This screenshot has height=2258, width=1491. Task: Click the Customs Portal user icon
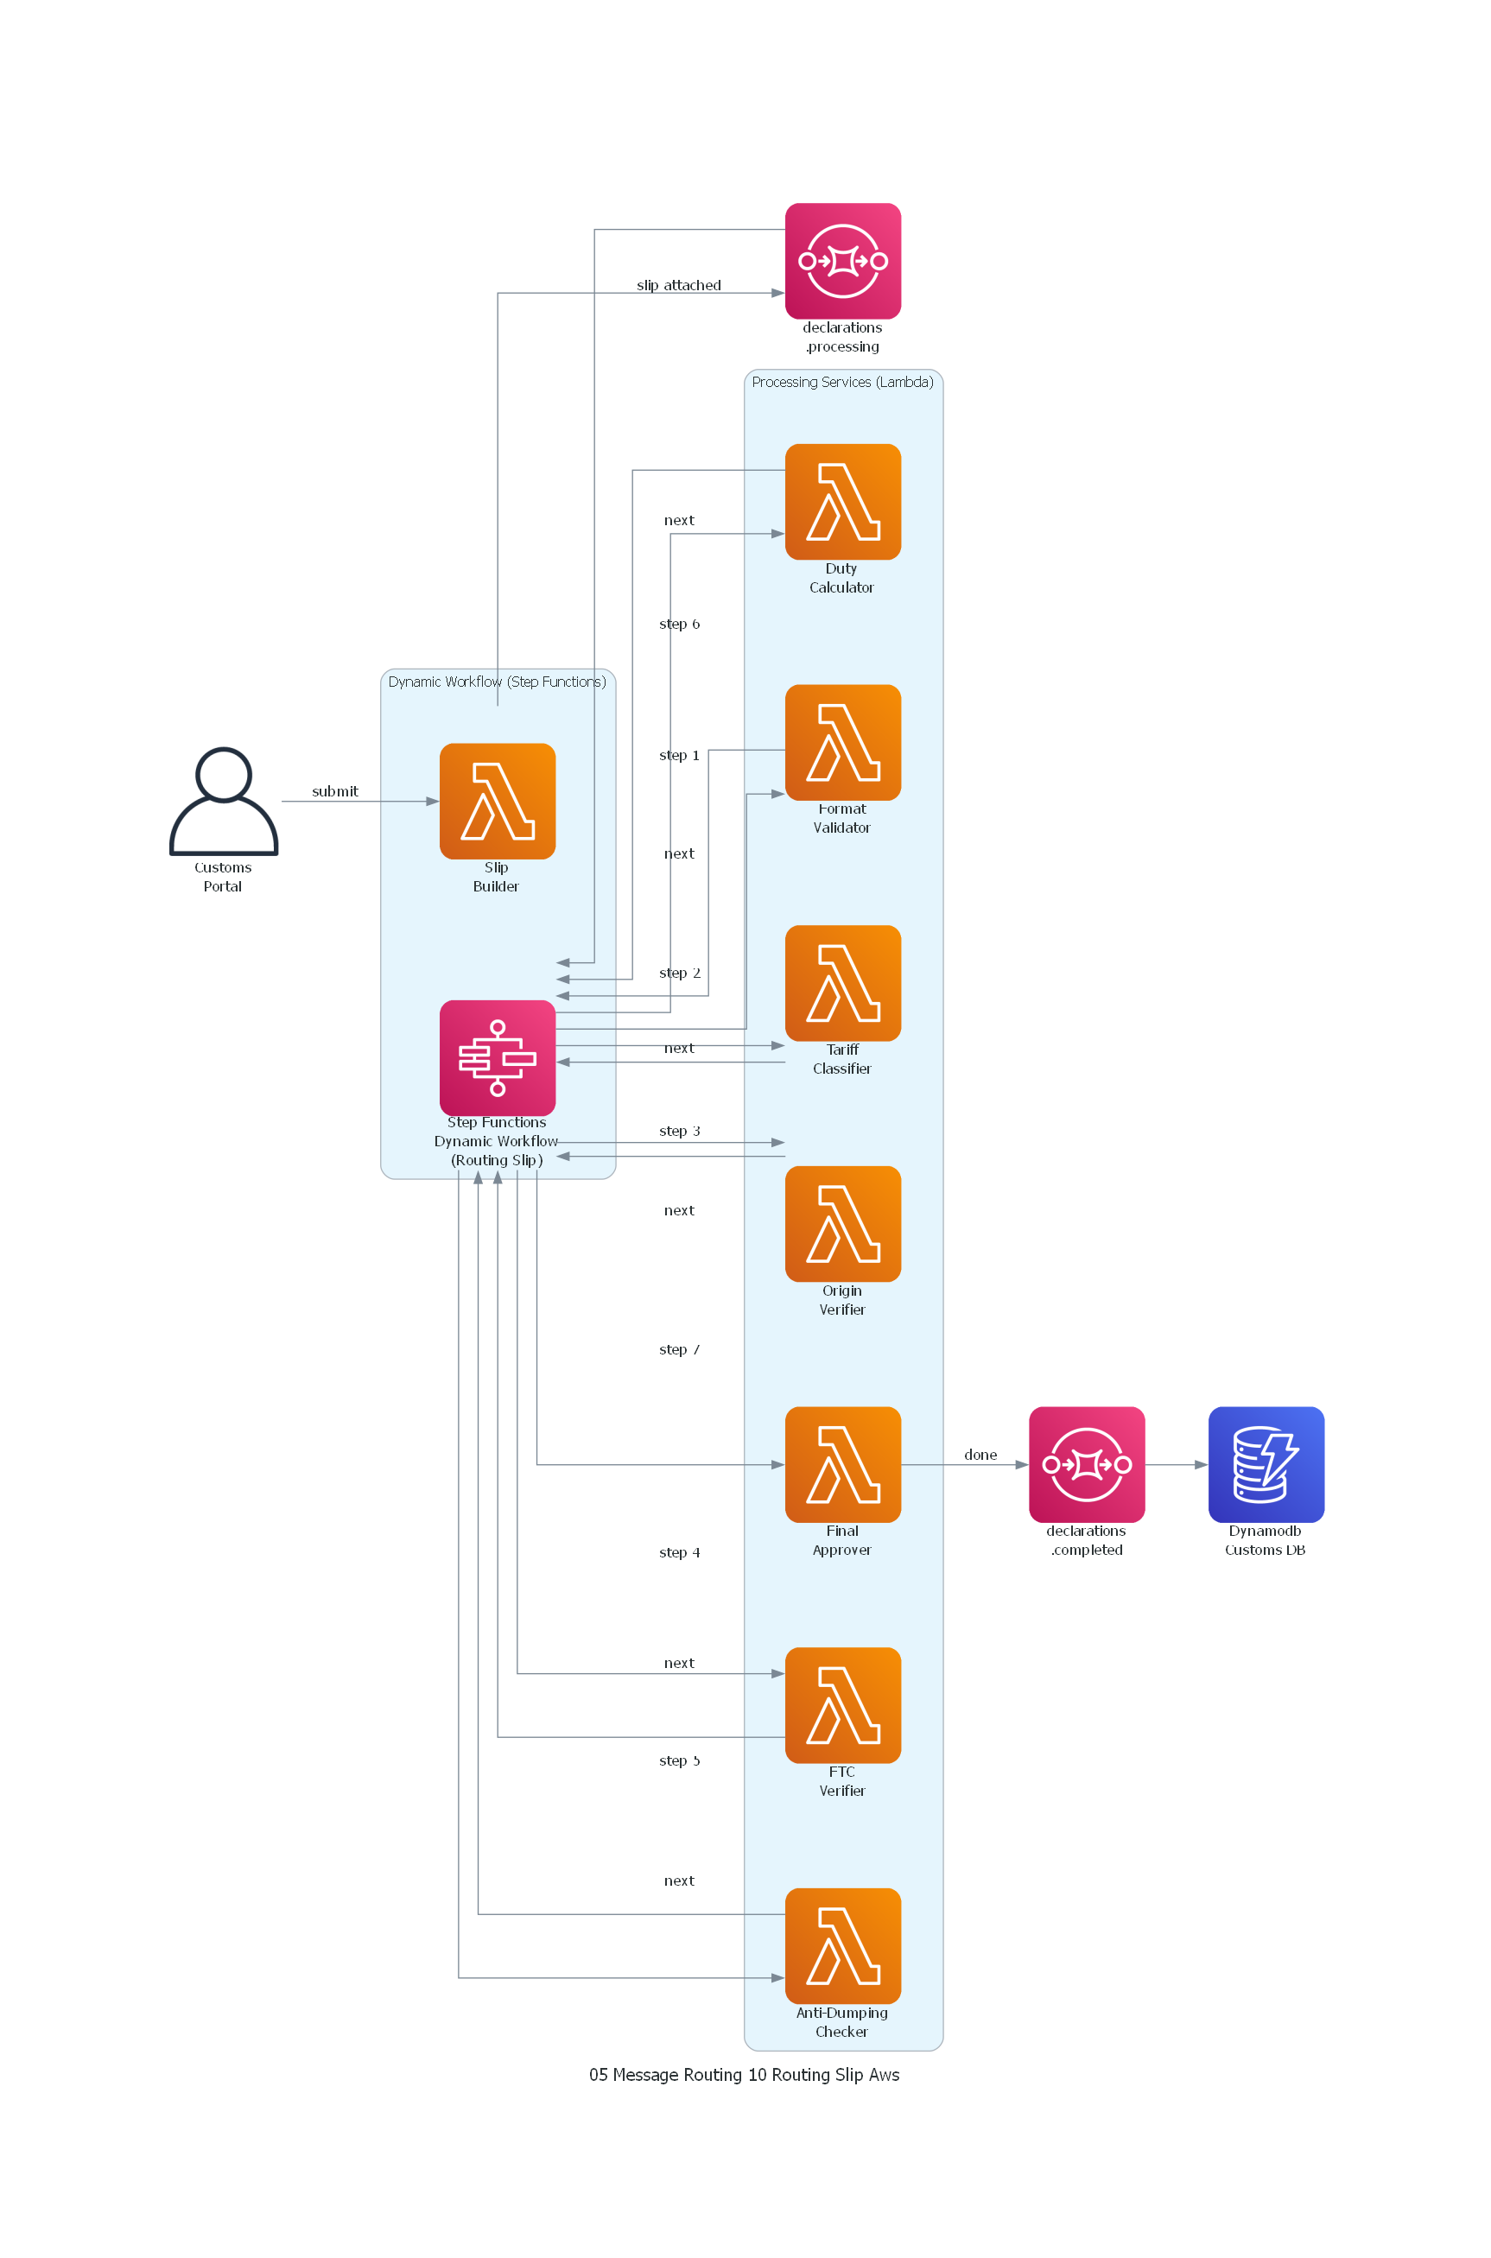pyautogui.click(x=224, y=801)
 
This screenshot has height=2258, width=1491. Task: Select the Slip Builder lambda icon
pyautogui.click(x=498, y=801)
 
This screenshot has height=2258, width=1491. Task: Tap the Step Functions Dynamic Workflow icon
pyautogui.click(x=498, y=1057)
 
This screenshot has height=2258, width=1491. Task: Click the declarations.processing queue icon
pyautogui.click(x=842, y=261)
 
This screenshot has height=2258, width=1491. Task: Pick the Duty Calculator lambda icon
pyautogui.click(x=842, y=501)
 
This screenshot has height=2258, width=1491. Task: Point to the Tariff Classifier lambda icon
pyautogui.click(x=842, y=982)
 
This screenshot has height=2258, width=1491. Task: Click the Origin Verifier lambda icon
pyautogui.click(x=842, y=1224)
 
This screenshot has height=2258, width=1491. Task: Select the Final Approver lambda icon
pyautogui.click(x=842, y=1464)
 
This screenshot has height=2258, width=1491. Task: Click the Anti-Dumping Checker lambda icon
pyautogui.click(x=842, y=1945)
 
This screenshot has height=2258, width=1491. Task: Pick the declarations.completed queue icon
pyautogui.click(x=1086, y=1464)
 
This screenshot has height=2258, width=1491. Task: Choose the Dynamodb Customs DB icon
pyautogui.click(x=1266, y=1464)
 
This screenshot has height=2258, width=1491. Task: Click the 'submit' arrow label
pyautogui.click(x=334, y=791)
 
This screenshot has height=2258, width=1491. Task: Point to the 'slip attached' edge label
pyautogui.click(x=679, y=285)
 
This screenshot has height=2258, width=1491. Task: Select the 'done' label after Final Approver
pyautogui.click(x=980, y=1455)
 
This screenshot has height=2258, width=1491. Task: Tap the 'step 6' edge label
pyautogui.click(x=679, y=624)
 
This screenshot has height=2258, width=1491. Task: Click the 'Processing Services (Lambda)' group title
pyautogui.click(x=842, y=382)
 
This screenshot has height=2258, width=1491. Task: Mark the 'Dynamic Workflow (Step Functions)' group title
pyautogui.click(x=498, y=682)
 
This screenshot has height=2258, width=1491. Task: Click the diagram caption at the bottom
pyautogui.click(x=745, y=2075)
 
